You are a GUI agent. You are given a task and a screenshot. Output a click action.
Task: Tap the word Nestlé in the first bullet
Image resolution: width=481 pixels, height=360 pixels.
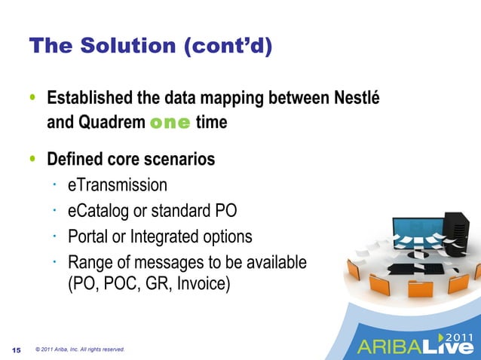coord(363,99)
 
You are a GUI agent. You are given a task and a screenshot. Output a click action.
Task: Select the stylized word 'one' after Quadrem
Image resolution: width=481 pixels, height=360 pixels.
coord(170,122)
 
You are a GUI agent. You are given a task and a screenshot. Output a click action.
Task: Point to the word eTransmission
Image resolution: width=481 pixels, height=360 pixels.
coord(118,185)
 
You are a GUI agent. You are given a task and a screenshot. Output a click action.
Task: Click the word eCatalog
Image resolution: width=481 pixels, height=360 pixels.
coord(98,211)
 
